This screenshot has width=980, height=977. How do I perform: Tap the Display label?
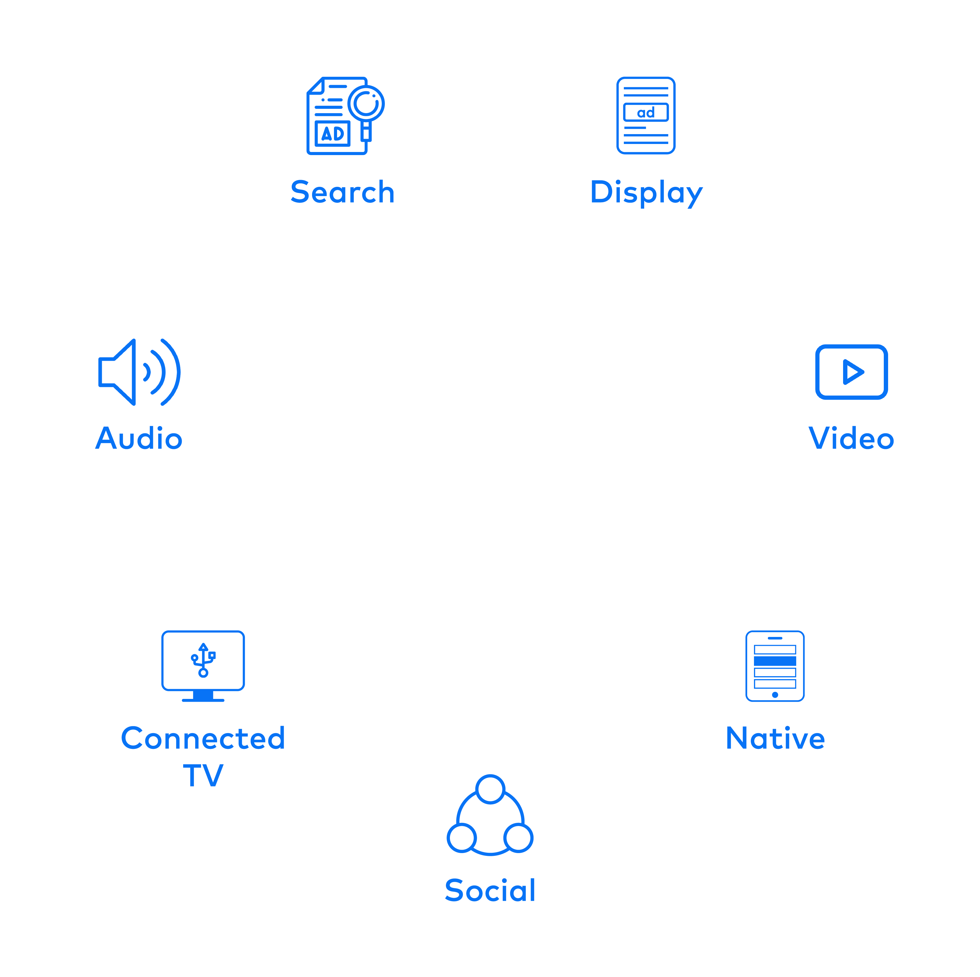point(646,193)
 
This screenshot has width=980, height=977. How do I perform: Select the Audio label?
point(139,439)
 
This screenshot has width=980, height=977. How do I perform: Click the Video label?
point(851,439)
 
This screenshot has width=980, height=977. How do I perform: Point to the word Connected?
point(203,738)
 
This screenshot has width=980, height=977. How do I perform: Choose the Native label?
point(775,738)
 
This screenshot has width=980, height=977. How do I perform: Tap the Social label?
point(490,890)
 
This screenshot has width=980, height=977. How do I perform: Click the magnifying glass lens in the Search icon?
point(366,103)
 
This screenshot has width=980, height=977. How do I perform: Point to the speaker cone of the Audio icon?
point(120,372)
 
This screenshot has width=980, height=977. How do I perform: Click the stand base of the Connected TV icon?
point(203,700)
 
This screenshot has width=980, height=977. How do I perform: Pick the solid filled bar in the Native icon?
point(775,661)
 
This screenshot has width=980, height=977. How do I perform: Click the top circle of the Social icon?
point(490,789)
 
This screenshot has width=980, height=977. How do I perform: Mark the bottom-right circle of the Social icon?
point(518,838)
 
